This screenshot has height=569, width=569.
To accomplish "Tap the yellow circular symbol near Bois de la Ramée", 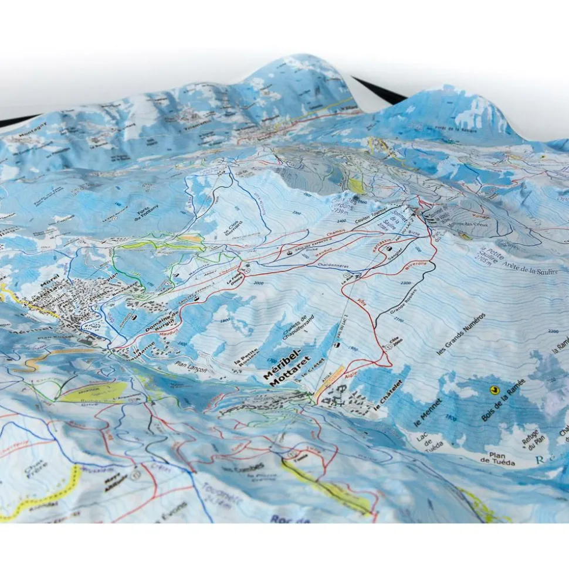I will [x=494, y=389].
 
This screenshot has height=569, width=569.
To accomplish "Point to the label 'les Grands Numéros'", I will [x=462, y=336].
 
